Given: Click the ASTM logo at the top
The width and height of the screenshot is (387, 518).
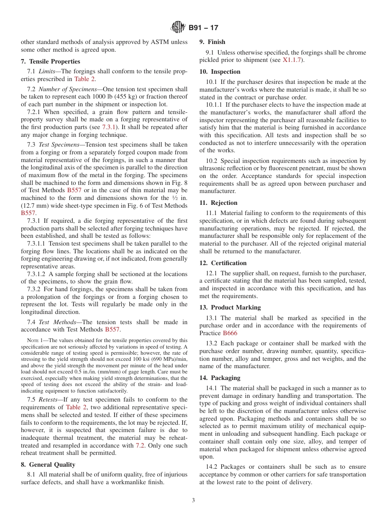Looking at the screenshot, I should click(x=178, y=28).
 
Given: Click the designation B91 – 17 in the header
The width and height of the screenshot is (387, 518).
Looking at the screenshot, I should click(x=203, y=28).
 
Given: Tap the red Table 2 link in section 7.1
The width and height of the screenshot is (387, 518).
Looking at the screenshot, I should click(x=85, y=79).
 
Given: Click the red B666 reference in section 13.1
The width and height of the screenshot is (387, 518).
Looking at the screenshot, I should click(x=230, y=333).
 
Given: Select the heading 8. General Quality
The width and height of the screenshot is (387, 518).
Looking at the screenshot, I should click(x=48, y=465).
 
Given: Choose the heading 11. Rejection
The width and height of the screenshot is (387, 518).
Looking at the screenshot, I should click(x=218, y=203).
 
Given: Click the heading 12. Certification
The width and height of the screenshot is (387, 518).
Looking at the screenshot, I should click(x=223, y=263).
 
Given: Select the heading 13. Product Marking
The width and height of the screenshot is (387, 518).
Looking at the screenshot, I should click(x=230, y=307).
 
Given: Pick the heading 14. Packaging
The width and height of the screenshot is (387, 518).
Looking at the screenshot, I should click(x=220, y=378).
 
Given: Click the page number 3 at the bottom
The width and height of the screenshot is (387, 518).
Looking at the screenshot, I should click(x=193, y=500).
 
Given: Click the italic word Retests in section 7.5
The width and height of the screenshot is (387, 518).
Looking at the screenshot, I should click(x=48, y=399).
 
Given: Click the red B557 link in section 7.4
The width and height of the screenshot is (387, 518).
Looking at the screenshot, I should click(x=112, y=330).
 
